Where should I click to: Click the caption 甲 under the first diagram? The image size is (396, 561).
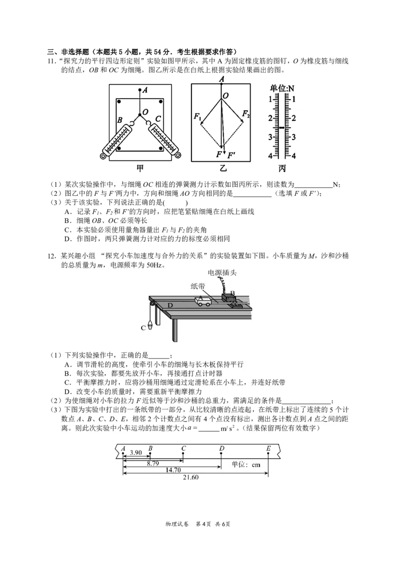(140, 169)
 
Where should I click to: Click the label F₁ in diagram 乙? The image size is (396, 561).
(198, 117)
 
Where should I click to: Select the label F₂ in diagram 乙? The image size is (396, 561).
(246, 114)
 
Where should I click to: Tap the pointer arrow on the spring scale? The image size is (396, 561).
(282, 128)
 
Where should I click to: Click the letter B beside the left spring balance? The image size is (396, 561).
(120, 120)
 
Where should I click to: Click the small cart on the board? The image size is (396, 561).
(204, 301)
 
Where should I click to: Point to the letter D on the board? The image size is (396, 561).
(170, 305)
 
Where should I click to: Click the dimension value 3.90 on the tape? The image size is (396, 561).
(136, 452)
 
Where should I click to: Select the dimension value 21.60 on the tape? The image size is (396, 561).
(191, 477)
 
